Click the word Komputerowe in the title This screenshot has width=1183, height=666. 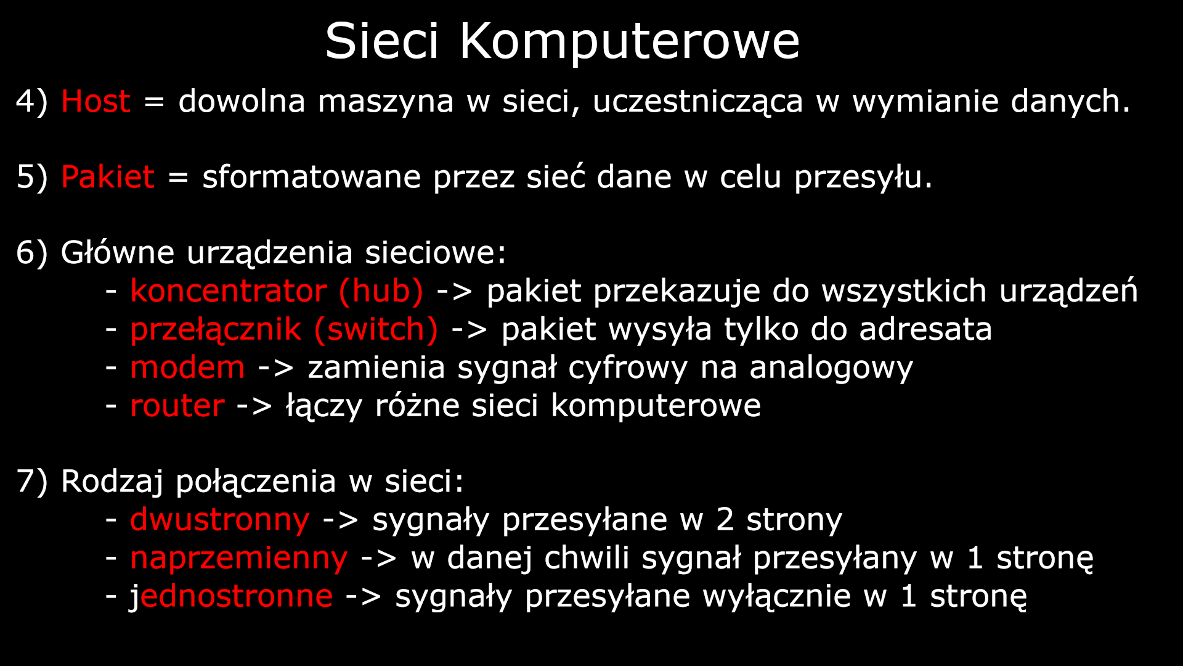(x=629, y=42)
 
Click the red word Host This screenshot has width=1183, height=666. (x=96, y=101)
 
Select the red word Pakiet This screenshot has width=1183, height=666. (x=107, y=177)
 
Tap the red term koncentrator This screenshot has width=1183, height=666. (x=228, y=291)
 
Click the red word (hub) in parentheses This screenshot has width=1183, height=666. (x=381, y=291)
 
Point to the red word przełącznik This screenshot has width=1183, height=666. (x=216, y=330)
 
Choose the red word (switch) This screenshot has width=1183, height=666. (x=376, y=330)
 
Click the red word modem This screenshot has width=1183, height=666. (x=187, y=368)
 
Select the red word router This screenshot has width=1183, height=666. (x=177, y=406)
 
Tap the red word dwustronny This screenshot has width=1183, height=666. (x=219, y=520)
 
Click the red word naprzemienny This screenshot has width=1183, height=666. (x=238, y=558)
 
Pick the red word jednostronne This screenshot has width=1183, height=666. (x=231, y=596)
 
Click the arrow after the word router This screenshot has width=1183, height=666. (x=254, y=406)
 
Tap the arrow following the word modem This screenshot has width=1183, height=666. (x=275, y=368)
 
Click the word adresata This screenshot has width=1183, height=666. (x=925, y=329)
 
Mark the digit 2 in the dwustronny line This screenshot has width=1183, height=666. (x=725, y=520)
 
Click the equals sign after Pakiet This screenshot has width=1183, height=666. (x=177, y=178)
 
